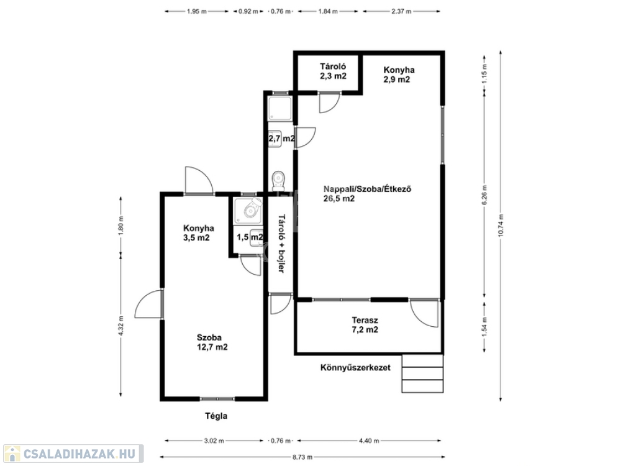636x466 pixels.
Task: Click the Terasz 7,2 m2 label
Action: click(365, 325)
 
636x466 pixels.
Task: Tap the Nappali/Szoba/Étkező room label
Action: click(368, 189)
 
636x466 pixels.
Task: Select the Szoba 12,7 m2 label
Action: click(212, 342)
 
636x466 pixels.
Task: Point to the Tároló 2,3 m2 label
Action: click(333, 71)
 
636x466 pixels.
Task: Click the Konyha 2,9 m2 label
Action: click(399, 75)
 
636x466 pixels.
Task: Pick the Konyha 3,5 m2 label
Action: click(198, 233)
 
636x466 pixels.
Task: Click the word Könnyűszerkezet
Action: click(355, 368)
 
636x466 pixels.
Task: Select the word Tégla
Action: click(216, 416)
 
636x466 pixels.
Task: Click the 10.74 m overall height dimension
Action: click(501, 226)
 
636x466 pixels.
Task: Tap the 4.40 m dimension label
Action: click(369, 441)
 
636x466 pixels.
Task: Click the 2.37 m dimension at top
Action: click(402, 11)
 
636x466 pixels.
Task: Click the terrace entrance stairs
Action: click(422, 373)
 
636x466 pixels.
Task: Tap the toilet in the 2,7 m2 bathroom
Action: click(279, 180)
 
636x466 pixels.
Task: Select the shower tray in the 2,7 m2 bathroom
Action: click(280, 108)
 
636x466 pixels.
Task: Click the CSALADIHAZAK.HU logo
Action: click(72, 454)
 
